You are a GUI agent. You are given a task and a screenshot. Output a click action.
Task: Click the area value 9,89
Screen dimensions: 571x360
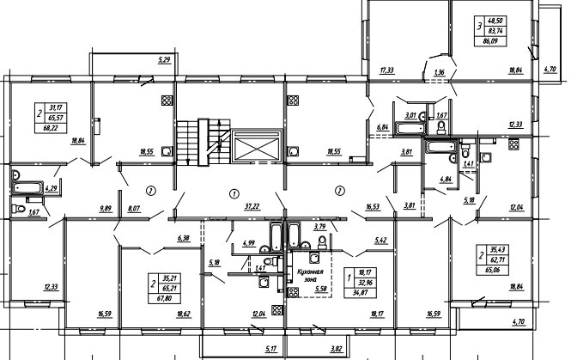point(106,208)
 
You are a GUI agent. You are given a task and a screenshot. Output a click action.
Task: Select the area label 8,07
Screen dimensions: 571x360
point(135,208)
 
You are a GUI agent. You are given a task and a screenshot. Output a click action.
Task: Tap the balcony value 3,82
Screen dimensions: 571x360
point(336,348)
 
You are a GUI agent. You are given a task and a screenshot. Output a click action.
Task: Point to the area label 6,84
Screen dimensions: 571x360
point(382,128)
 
